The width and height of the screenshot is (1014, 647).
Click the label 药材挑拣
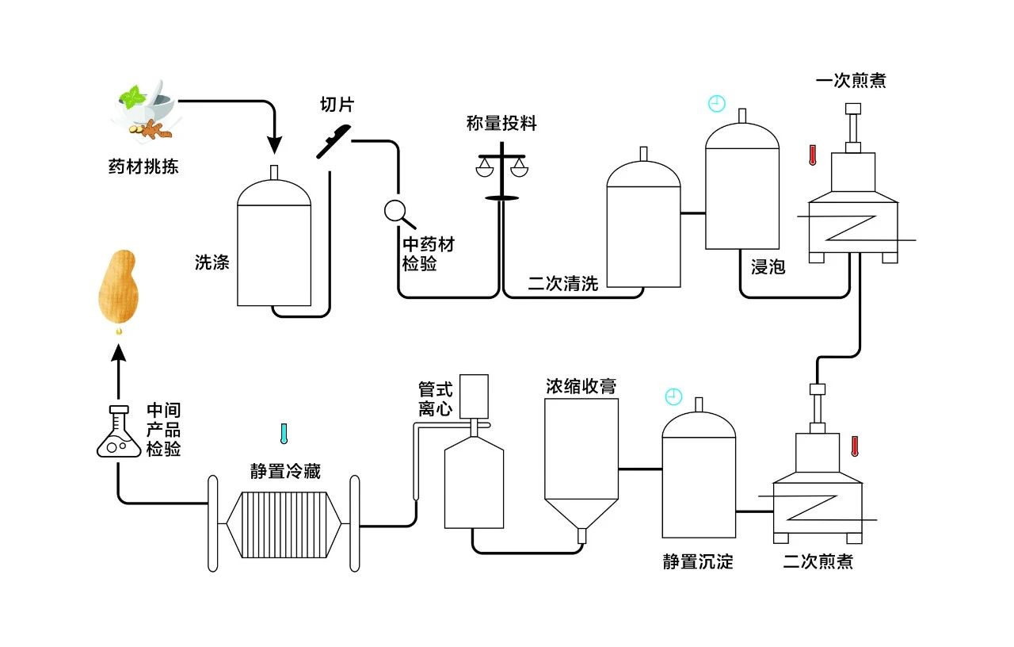click(x=143, y=167)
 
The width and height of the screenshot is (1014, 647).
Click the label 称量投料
click(x=501, y=124)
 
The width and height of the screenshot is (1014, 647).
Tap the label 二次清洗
click(x=563, y=284)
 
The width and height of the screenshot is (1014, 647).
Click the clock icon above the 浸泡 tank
click(x=716, y=103)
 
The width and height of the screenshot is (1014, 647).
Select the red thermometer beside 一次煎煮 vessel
click(x=812, y=155)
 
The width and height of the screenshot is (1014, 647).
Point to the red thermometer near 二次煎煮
click(x=855, y=446)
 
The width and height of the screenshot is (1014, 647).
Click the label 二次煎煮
click(x=818, y=562)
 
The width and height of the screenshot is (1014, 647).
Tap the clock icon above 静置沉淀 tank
click(x=673, y=396)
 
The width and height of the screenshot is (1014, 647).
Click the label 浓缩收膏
click(x=581, y=386)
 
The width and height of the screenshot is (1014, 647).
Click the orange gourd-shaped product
click(x=118, y=287)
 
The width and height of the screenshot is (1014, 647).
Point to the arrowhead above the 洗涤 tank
click(x=274, y=145)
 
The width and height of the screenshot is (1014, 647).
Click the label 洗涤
click(x=212, y=262)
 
